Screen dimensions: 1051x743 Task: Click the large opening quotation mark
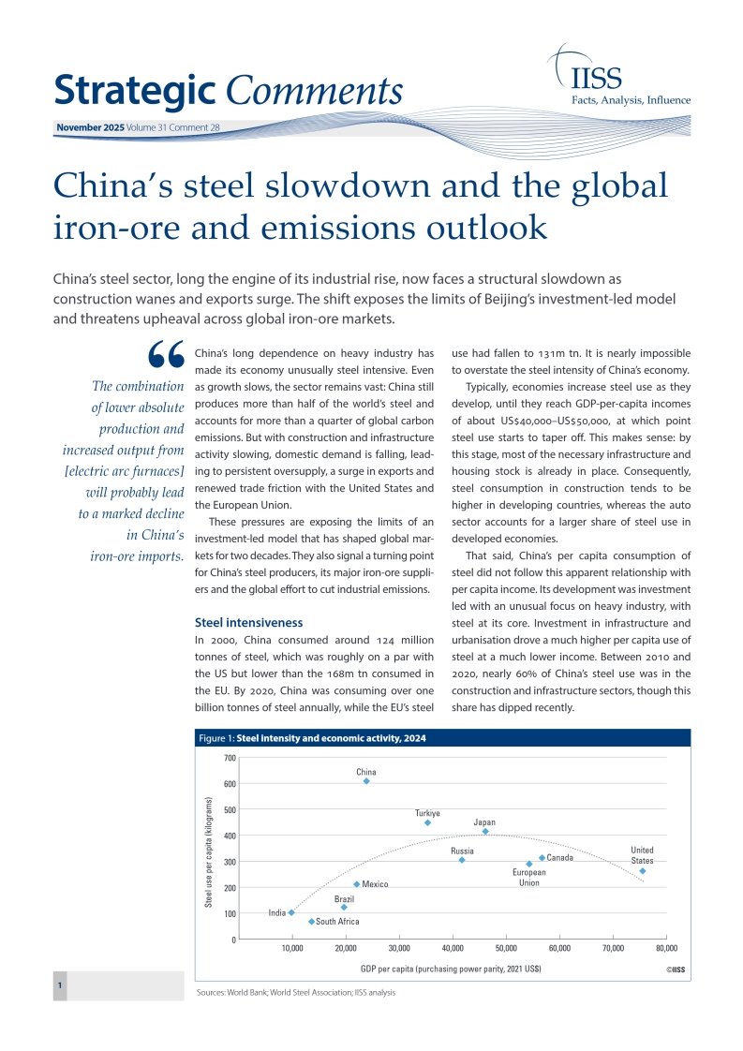coord(166,354)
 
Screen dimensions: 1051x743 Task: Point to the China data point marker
coord(366,781)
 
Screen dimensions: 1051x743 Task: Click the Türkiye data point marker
coord(427,822)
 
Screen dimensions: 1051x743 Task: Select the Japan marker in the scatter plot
coord(485,831)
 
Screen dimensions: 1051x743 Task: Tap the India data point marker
coord(292,912)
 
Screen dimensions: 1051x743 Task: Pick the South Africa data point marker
coord(311,922)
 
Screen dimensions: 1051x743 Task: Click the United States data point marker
coord(642,871)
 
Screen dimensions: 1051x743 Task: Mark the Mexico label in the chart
coord(375,884)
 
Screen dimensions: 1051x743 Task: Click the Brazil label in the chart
coord(344,899)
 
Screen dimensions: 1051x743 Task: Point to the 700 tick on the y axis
coord(230,757)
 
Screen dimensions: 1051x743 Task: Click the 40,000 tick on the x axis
coord(453,948)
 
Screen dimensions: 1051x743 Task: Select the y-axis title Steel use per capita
coord(209,851)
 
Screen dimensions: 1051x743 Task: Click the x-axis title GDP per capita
coord(450,968)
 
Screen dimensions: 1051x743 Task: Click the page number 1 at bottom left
coord(60,986)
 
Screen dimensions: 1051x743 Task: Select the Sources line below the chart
coord(296,992)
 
